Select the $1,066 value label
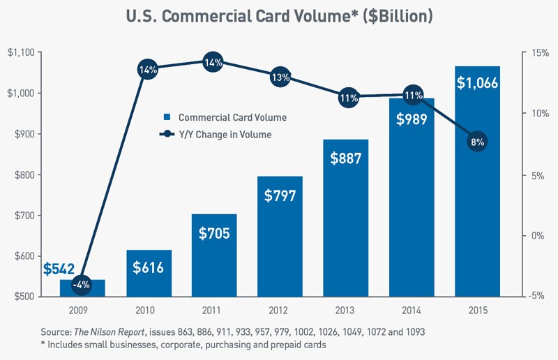(x=477, y=82)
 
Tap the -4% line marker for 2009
(x=83, y=284)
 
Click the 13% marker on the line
(x=280, y=77)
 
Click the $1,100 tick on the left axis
(x=21, y=53)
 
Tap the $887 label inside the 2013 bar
(x=346, y=158)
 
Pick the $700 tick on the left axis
(x=22, y=216)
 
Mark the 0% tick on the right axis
(x=534, y=236)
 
